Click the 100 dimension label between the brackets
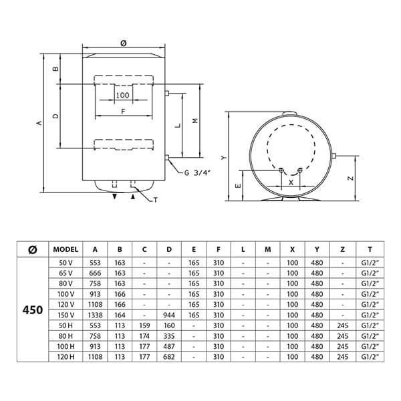point(123,96)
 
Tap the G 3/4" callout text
point(197,173)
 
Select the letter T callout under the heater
point(156,200)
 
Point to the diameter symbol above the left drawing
point(123,43)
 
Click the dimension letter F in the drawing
point(123,112)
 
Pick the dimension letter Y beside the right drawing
point(224,158)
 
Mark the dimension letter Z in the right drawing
point(351,178)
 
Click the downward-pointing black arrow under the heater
point(115,196)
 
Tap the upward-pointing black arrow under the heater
point(133,196)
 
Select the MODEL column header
point(65,249)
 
